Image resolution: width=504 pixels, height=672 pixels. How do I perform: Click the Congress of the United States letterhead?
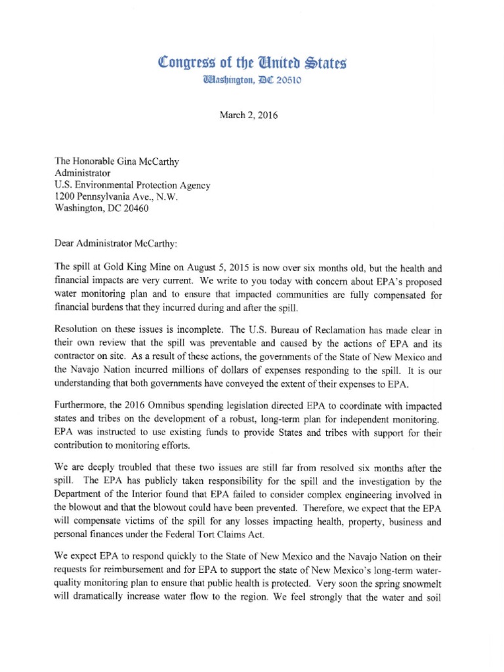(252, 64)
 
